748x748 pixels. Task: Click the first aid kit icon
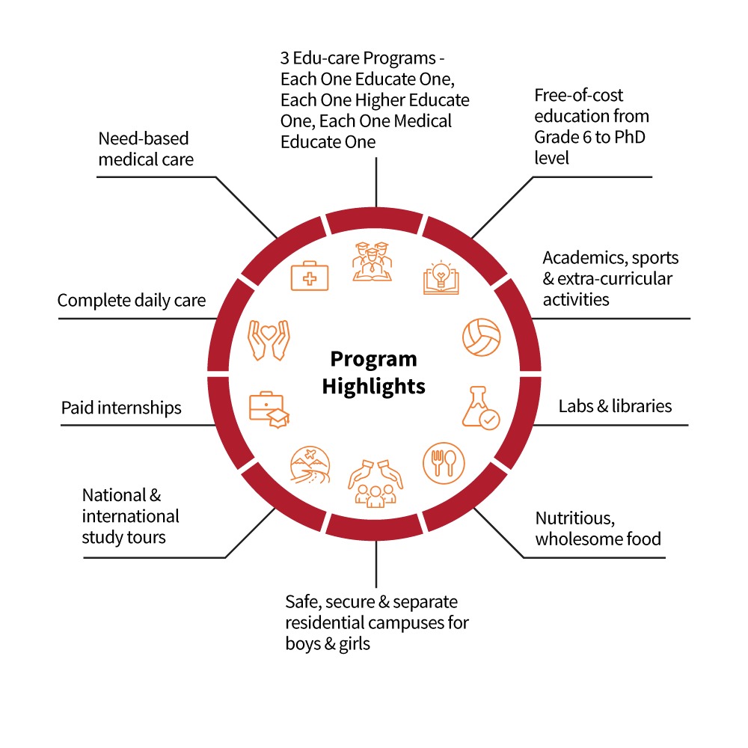310,276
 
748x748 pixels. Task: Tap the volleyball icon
481,337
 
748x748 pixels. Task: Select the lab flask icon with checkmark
481,408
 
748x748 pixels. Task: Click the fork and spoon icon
444,463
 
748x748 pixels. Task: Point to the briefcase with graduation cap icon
269,410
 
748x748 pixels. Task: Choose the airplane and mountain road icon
310,465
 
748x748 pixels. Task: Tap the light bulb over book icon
441,278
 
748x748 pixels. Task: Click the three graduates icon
372,262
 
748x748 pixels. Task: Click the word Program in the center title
373,360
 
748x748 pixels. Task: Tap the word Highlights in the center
373,387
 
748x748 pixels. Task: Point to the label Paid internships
121,408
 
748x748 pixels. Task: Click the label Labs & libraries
615,406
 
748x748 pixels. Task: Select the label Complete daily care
132,301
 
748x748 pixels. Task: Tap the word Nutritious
575,518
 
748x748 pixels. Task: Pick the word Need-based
144,138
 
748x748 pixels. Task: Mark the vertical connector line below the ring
376,564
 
